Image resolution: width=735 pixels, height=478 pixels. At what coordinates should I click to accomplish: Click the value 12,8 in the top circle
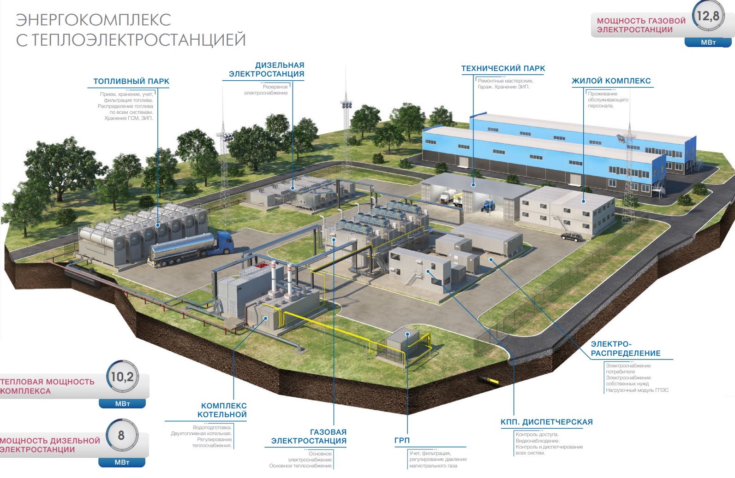[x=708, y=16]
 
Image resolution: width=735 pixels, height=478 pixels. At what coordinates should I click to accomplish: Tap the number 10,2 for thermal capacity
[x=122, y=377]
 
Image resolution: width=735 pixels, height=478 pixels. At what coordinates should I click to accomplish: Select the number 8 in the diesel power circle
[x=121, y=436]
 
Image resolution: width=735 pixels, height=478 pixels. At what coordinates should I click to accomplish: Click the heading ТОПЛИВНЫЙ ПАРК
[x=131, y=81]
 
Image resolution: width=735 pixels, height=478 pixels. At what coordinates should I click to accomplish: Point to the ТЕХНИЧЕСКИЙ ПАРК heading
[x=503, y=69]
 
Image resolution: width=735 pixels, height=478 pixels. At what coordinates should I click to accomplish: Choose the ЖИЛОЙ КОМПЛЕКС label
[x=611, y=81]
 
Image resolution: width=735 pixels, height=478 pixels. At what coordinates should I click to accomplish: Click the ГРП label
[x=402, y=440]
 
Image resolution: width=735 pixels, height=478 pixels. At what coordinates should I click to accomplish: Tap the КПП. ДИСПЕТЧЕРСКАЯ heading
[x=547, y=422]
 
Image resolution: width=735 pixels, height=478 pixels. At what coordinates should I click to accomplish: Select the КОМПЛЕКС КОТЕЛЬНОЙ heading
[x=222, y=410]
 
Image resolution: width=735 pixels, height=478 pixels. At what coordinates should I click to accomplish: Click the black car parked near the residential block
[x=572, y=236]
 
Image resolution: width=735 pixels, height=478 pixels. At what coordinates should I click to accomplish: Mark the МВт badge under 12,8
[x=708, y=42]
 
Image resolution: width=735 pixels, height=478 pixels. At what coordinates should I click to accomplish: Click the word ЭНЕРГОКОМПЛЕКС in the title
[x=94, y=20]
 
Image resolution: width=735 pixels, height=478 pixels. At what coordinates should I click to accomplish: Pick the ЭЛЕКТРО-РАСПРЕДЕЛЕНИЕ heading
[x=625, y=349]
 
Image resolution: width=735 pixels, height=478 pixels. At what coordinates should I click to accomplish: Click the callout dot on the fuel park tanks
[x=158, y=225]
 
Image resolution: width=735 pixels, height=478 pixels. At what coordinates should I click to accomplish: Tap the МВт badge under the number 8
[x=122, y=462]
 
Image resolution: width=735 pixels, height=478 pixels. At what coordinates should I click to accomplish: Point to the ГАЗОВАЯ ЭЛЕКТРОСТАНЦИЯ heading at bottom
[x=309, y=437]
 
